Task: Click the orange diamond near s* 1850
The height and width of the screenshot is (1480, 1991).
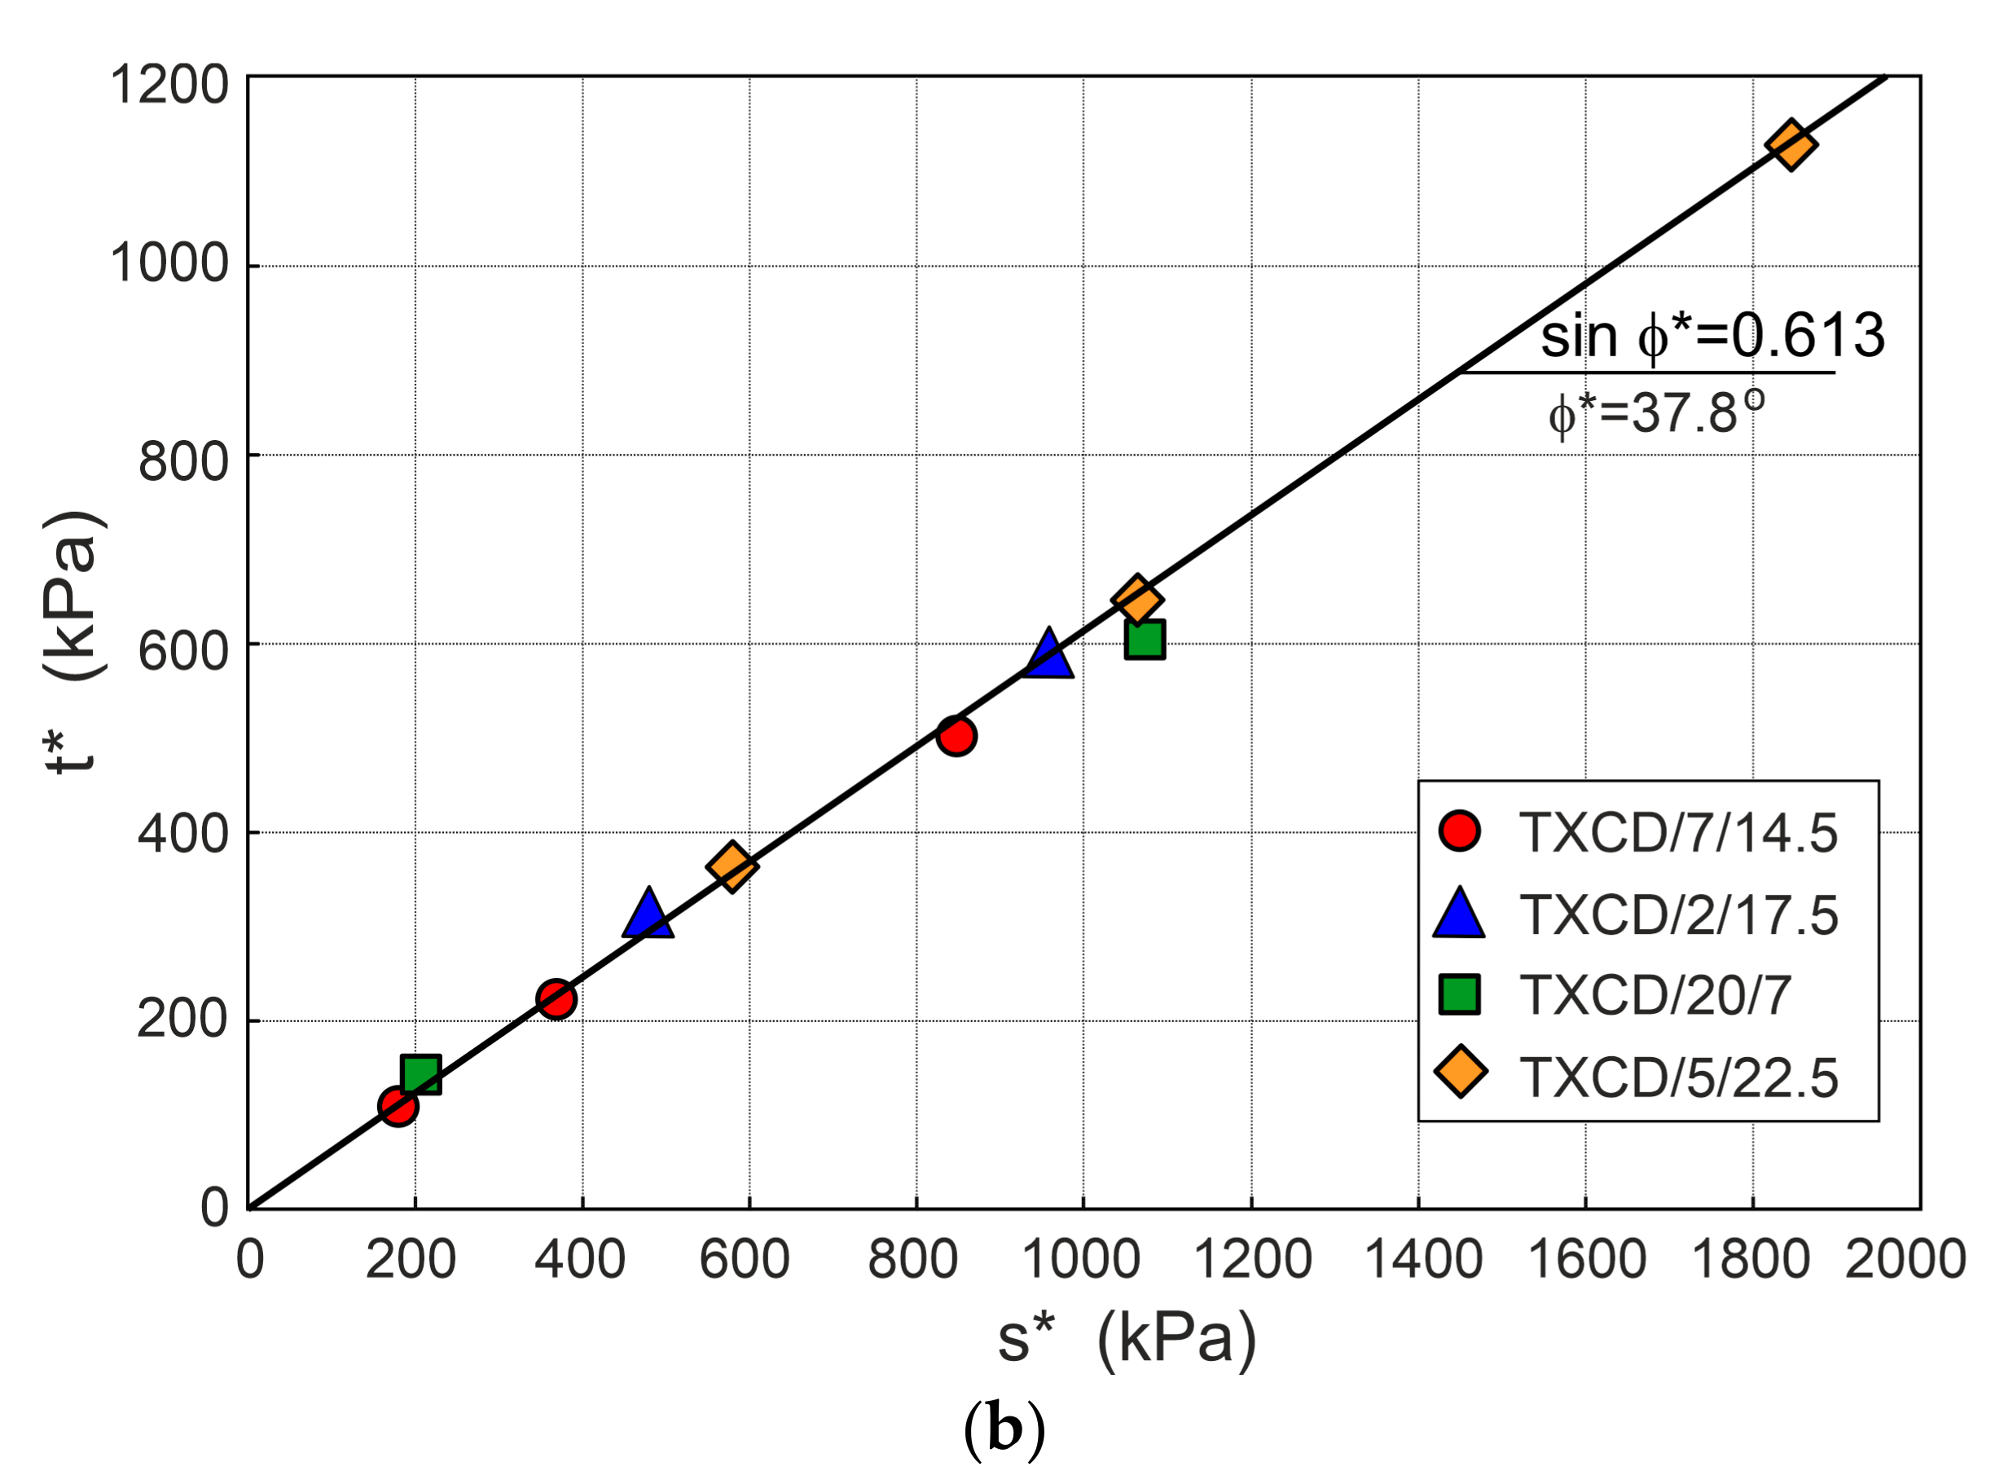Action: [x=1790, y=143]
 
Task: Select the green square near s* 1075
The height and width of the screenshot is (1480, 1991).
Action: [x=1145, y=639]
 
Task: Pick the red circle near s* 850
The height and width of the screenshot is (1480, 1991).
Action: [x=956, y=737]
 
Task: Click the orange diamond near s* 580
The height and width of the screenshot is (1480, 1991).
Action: [x=732, y=866]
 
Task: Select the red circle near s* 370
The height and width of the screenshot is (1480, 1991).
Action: [x=556, y=999]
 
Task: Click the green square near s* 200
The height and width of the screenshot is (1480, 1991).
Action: [x=421, y=1074]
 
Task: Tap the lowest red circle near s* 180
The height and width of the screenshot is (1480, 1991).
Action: [x=398, y=1107]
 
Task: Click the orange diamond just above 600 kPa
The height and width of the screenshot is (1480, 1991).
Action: [x=1136, y=599]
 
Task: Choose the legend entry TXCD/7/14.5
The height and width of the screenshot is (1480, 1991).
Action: [x=1677, y=832]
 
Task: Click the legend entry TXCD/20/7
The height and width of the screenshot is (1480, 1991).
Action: [x=1655, y=994]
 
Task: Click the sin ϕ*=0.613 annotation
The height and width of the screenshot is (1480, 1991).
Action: [x=1712, y=336]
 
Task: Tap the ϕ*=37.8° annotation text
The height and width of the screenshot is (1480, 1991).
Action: [x=1655, y=414]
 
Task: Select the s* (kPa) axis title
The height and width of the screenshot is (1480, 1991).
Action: [x=1127, y=1337]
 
